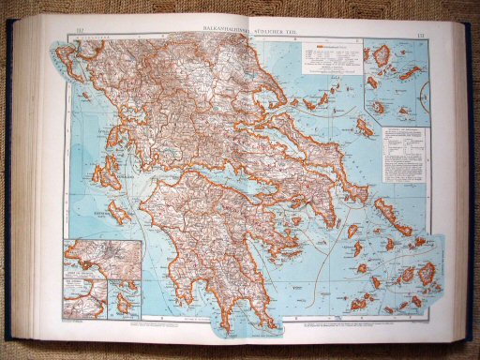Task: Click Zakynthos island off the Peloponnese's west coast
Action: pyautogui.click(x=119, y=210)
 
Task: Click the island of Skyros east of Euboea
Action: pyautogui.click(x=364, y=127)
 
